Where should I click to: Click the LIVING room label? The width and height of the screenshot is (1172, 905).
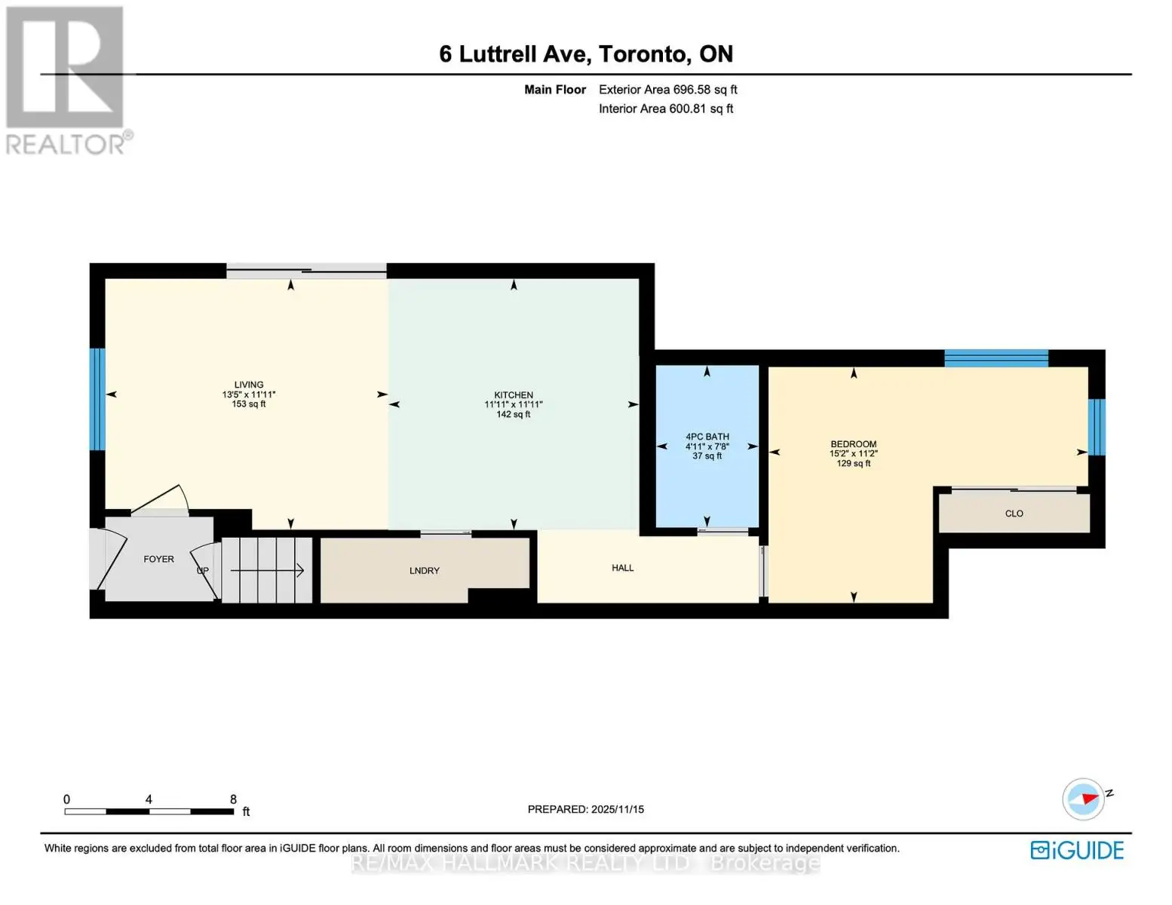tap(249, 385)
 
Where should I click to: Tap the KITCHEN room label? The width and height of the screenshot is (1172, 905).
tap(514, 394)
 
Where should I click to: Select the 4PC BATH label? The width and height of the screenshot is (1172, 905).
tap(707, 437)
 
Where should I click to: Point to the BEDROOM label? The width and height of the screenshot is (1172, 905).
tap(853, 444)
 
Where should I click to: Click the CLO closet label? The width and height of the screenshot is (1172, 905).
tap(1014, 514)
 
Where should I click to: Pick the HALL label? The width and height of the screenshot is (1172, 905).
tap(622, 568)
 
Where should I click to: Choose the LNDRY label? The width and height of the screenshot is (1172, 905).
tap(425, 571)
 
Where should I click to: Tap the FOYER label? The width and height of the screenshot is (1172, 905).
tap(158, 560)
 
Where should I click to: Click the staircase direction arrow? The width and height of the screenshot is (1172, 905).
tap(267, 570)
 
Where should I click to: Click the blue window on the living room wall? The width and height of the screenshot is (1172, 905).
tap(97, 399)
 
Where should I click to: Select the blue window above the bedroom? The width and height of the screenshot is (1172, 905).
tap(996, 358)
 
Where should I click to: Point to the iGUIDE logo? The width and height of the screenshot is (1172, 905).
tap(1077, 850)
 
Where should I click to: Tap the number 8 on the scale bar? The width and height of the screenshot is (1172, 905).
tap(233, 799)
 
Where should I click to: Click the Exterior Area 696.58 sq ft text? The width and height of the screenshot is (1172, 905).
tap(667, 90)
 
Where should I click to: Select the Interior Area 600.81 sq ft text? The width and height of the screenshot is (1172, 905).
tap(666, 109)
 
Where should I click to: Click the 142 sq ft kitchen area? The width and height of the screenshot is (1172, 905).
tap(514, 414)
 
